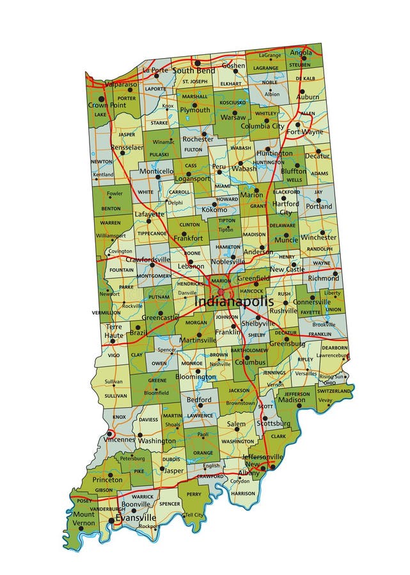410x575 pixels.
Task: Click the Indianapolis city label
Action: pos(233,302)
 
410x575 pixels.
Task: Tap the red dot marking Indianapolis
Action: pos(221,291)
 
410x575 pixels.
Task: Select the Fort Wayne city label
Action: pos(304,132)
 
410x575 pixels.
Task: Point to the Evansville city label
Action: pos(136,517)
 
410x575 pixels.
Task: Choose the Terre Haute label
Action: pos(114,330)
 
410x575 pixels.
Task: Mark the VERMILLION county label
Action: pos(106,313)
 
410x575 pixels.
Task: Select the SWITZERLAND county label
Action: pos(334,390)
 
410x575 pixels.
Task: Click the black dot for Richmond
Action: pos(336,277)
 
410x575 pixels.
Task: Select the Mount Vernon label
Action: pos(84,518)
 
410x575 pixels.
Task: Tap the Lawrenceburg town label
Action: pos(332,355)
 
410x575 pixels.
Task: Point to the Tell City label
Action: pos(194,515)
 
